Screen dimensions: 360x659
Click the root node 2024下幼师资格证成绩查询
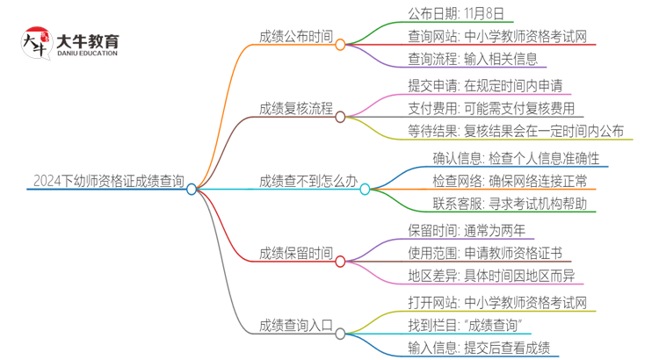107,183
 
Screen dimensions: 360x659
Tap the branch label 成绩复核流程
296,110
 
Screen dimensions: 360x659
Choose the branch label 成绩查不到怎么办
308,183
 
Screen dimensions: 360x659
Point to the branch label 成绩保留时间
296,255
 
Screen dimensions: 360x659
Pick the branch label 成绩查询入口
296,327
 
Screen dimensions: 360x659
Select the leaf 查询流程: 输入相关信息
473,61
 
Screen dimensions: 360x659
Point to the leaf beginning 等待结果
516,133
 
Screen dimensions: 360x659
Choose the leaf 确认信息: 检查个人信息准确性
515,158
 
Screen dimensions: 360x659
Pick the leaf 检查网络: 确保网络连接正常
510,182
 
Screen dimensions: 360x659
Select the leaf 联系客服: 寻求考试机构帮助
510,205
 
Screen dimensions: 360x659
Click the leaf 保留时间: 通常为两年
467,230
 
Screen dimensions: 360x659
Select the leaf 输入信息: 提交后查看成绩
479,349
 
